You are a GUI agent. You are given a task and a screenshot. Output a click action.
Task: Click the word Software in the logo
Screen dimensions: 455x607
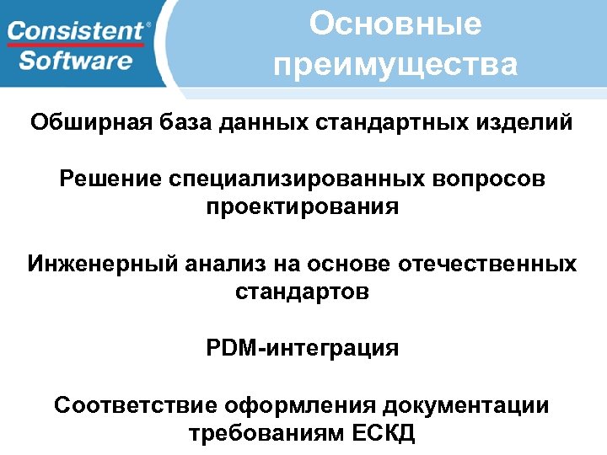pyautogui.click(x=76, y=61)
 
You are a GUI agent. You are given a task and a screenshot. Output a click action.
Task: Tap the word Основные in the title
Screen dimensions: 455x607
pyautogui.click(x=395, y=24)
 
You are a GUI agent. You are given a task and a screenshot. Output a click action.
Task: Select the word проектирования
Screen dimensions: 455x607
pyautogui.click(x=302, y=207)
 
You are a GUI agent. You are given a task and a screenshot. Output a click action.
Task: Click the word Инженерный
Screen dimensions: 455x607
pyautogui.click(x=100, y=265)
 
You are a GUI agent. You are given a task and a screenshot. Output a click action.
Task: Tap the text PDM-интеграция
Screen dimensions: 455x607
pyautogui.click(x=302, y=348)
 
